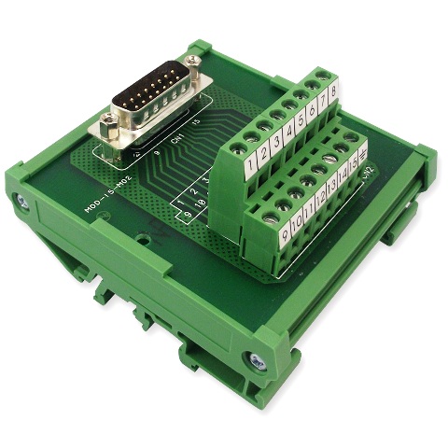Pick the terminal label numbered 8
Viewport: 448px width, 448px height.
click(332, 96)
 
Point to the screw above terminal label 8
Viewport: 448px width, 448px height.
click(323, 75)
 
